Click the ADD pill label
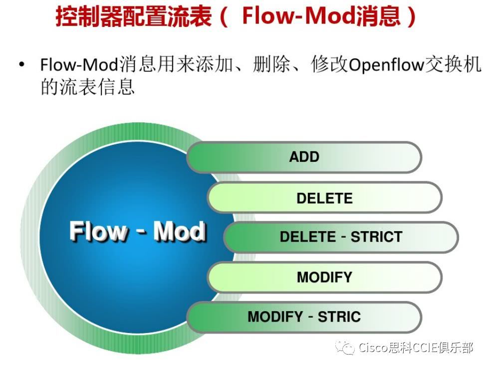(x=304, y=157)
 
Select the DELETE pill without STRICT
(x=324, y=198)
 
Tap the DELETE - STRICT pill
(x=341, y=237)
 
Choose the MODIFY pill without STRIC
(x=324, y=277)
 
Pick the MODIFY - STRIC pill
(x=304, y=317)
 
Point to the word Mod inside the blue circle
(x=179, y=232)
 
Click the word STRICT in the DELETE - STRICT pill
(x=376, y=237)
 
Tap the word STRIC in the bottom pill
(x=339, y=317)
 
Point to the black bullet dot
(x=21, y=65)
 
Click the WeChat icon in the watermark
(x=345, y=347)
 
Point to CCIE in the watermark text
(x=423, y=348)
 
